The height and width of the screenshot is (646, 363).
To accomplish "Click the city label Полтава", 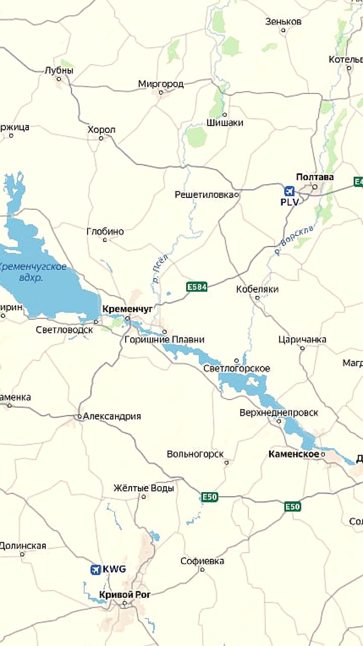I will tap(315, 177).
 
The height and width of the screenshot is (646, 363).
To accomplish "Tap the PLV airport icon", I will tap(289, 191).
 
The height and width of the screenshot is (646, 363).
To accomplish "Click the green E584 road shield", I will tap(197, 287).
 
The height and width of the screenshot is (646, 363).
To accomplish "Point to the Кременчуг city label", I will tap(127, 308).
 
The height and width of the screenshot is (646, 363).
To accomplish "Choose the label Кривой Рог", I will tap(125, 595).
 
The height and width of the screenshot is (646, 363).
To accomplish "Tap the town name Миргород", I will tap(161, 84).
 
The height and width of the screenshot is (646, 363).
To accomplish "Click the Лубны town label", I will tap(59, 71).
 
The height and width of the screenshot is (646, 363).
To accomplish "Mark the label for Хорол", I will tap(101, 130).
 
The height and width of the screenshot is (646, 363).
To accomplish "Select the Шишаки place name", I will tap(225, 123).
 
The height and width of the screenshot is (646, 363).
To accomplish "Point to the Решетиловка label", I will tap(204, 194).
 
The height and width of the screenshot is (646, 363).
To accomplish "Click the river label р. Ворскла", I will tap(293, 240).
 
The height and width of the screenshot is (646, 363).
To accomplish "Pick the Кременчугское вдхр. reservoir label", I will tap(32, 272).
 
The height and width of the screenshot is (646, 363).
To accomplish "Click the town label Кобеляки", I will tap(257, 289).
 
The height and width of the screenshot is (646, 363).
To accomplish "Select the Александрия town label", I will tap(112, 416).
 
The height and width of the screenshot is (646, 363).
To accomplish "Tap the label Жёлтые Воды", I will tap(144, 488).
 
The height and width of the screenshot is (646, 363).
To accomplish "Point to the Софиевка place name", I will tap(202, 561).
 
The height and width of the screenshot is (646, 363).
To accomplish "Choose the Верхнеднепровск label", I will tap(279, 412).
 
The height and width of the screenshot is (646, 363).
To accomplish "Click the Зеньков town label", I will tap(283, 22).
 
